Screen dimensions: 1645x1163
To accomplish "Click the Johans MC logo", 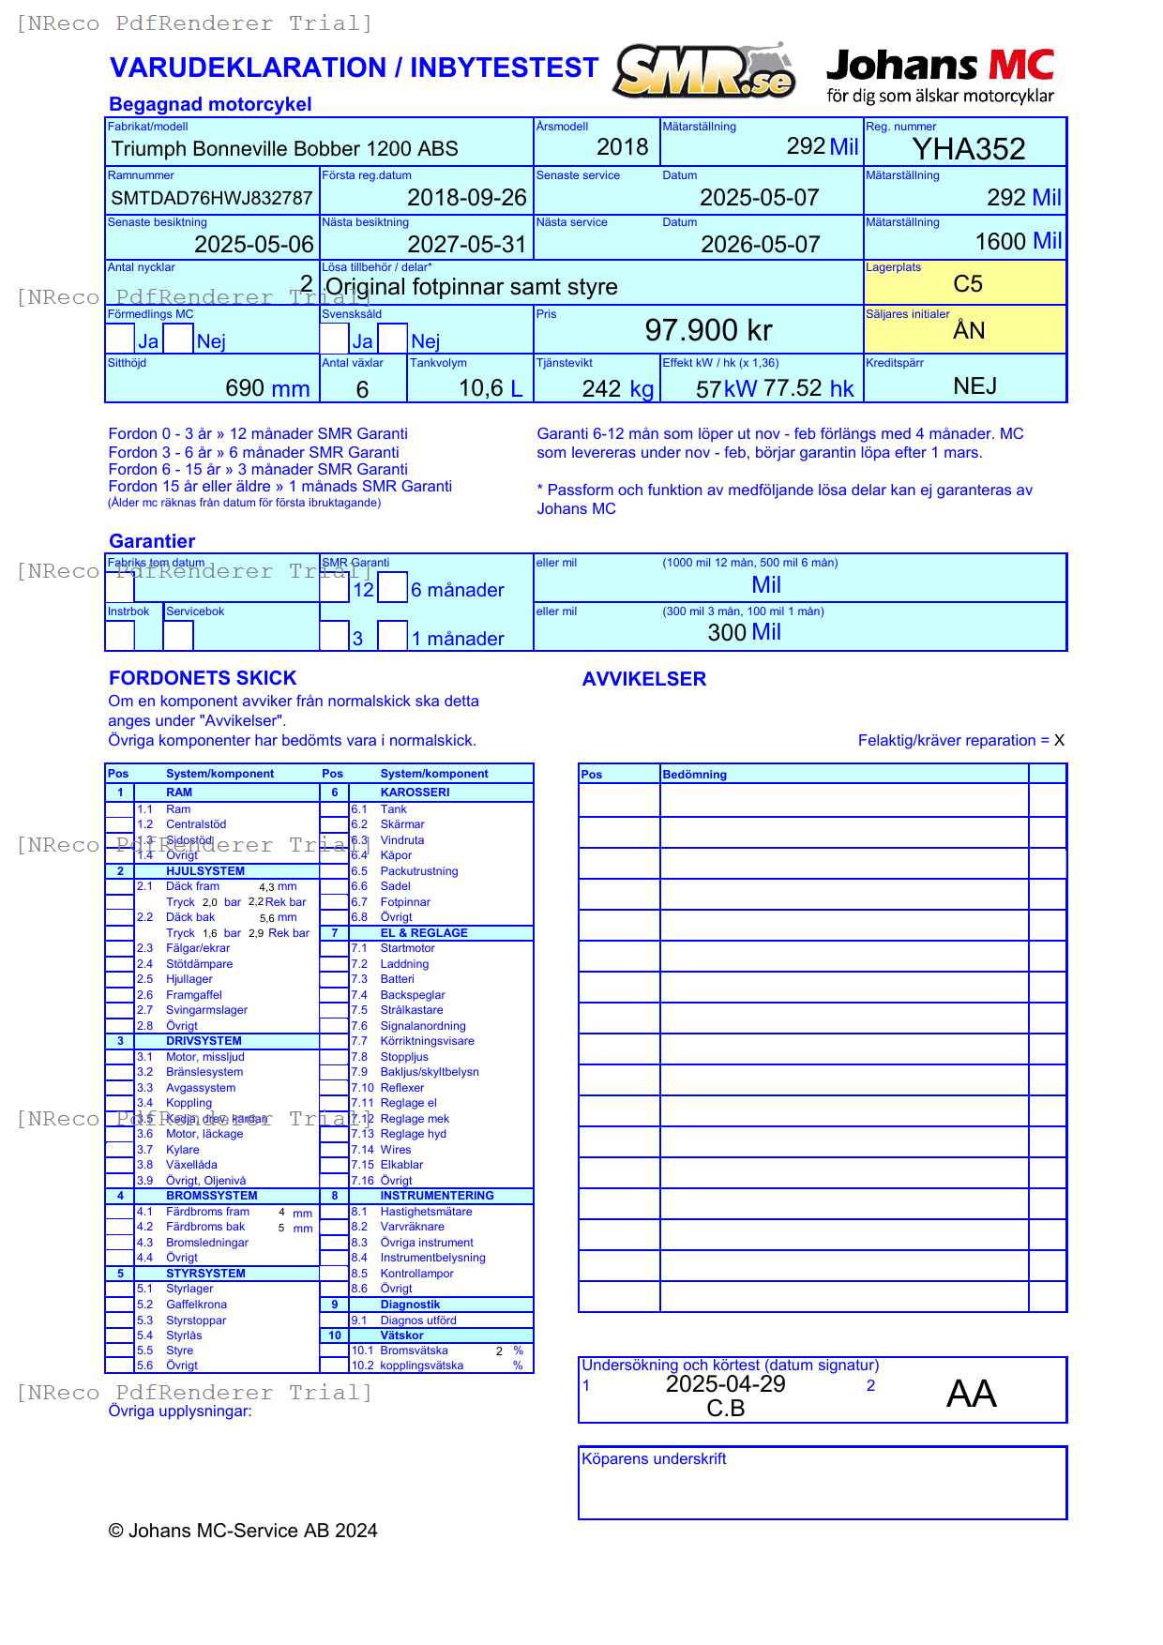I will pos(940,75).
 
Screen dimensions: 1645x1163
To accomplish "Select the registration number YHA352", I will pos(968,149).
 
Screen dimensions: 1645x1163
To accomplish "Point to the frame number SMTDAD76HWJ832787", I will pos(212,198).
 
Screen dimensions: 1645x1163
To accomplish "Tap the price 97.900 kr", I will pos(708,330).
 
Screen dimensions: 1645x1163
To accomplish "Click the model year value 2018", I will pos(622,147).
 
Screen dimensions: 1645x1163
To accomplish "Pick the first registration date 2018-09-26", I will pos(466,198).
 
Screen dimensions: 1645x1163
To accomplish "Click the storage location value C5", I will pos(967,284).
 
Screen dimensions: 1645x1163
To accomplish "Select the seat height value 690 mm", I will pos(267,388).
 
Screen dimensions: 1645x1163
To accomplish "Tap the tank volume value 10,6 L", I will pos(490,388).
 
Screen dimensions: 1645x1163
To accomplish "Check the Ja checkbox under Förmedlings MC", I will pos(120,339).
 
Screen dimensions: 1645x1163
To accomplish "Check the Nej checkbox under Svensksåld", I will pos(393,339).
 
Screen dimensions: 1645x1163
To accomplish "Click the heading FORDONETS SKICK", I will pos(203,678).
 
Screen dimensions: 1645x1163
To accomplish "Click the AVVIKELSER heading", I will pos(643,679).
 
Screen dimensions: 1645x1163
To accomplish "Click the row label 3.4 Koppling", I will pos(189,1103).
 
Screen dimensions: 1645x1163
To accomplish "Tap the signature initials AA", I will pos(971,1394).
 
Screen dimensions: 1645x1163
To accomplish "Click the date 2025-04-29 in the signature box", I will pos(725,1384).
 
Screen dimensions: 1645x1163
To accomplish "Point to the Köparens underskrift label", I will pos(654,1458).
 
